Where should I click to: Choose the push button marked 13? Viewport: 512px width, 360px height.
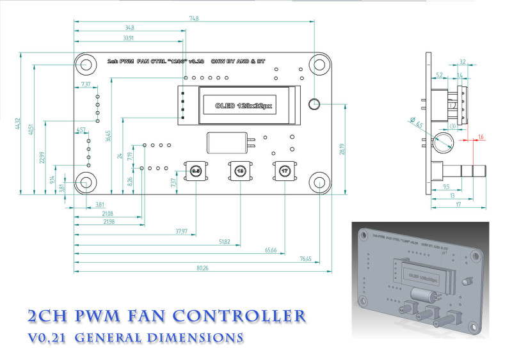point(239,171)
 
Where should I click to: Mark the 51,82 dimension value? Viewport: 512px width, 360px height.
point(223,242)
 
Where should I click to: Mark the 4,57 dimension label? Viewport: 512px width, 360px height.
point(81,130)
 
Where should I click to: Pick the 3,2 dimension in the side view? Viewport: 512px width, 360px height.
point(462,62)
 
